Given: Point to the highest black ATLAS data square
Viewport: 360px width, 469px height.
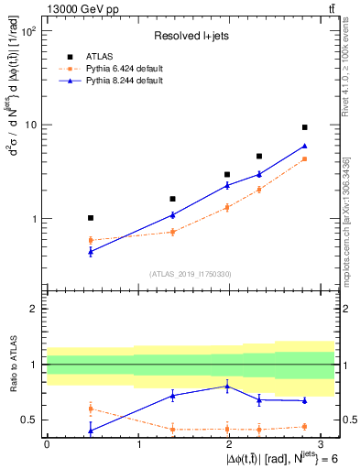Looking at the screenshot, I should [x=304, y=127].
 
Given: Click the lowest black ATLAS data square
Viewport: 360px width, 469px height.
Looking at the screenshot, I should [x=90, y=218].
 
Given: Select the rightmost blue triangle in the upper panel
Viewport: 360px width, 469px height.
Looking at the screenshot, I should [x=304, y=146].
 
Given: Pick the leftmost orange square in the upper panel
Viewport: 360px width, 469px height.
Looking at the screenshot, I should [x=90, y=240].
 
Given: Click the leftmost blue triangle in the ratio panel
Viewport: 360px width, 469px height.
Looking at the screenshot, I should [x=90, y=431].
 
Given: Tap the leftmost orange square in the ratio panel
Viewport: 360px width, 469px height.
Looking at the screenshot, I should [x=90, y=408].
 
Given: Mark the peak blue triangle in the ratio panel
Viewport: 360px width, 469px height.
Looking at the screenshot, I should [x=227, y=386].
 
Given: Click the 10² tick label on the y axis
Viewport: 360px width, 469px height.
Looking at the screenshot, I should [x=28, y=31].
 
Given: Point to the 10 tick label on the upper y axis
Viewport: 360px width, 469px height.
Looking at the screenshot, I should [x=30, y=125].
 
